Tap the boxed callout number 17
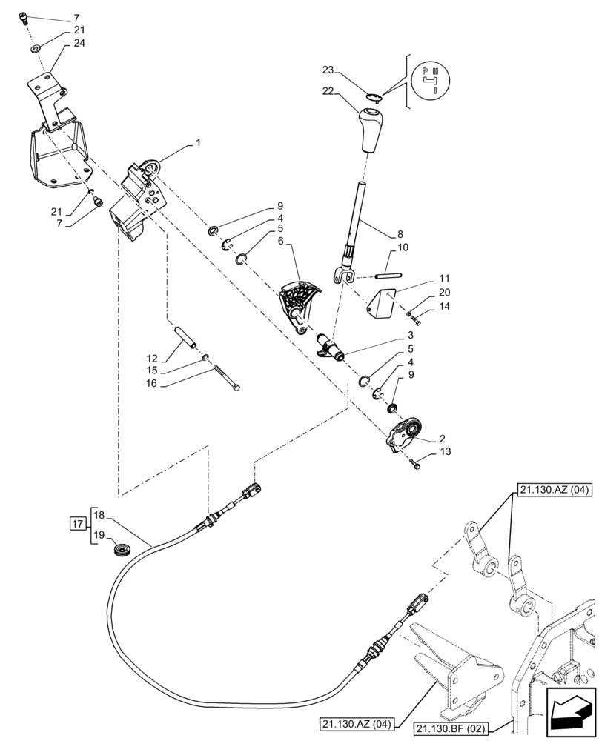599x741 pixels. click(x=76, y=525)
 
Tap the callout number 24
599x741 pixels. click(x=79, y=44)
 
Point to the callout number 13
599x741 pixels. click(x=444, y=451)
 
